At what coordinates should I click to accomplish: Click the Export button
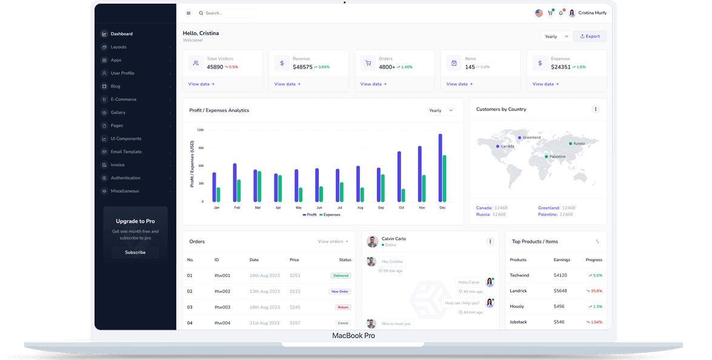590,36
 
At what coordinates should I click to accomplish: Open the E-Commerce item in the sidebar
123,99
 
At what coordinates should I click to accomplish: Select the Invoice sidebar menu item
118,165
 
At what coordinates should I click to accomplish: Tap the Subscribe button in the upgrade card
135,252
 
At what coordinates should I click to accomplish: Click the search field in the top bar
227,13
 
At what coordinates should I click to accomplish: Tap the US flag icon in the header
539,13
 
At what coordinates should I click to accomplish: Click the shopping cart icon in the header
550,13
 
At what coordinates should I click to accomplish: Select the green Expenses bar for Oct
403,195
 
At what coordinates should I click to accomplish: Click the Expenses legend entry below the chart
330,215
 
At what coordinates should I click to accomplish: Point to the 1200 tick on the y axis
200,130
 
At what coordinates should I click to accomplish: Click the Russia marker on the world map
570,144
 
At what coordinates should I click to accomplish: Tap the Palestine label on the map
557,156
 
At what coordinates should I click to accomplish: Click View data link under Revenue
287,84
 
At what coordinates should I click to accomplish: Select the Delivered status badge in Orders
341,276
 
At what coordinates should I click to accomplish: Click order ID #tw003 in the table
222,307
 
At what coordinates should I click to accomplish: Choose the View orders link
333,241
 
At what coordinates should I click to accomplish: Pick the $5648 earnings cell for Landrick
560,291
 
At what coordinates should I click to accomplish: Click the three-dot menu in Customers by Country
595,109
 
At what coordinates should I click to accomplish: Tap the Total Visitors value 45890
215,67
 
